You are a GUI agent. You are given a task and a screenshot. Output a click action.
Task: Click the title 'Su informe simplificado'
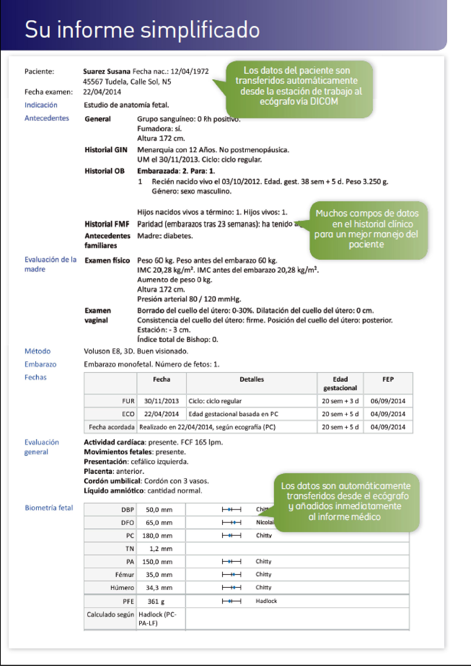click(x=142, y=30)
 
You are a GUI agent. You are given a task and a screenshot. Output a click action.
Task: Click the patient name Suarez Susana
click(x=107, y=71)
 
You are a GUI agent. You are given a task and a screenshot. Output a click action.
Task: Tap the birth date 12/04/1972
click(x=189, y=71)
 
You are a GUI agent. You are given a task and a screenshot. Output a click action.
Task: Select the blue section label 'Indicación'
click(x=41, y=105)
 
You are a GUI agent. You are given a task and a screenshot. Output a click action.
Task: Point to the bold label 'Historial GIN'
click(x=106, y=150)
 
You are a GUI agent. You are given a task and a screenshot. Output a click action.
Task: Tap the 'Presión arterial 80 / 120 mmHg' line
click(x=189, y=299)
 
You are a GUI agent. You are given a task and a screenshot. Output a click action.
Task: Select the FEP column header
click(x=388, y=379)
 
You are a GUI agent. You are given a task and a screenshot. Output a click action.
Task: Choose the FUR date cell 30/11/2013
click(x=162, y=401)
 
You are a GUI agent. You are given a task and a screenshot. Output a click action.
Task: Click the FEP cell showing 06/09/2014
click(x=388, y=401)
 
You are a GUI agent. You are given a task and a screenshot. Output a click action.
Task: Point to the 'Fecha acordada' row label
click(x=111, y=427)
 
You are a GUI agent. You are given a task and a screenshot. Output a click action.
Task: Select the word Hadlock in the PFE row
click(x=266, y=601)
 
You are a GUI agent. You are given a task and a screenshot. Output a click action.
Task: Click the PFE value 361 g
click(x=156, y=602)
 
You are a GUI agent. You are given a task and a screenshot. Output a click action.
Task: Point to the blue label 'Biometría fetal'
click(x=49, y=508)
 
